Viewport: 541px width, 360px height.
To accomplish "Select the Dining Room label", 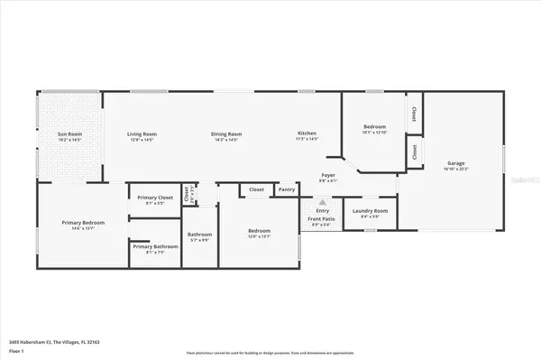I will coord(225,134).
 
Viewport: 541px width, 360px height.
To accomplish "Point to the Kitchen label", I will coord(307,134).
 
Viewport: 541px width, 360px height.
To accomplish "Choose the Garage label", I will coord(456,162).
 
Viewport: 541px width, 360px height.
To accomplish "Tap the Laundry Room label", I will coord(369,211).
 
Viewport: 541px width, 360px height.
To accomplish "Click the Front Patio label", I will coord(322,219).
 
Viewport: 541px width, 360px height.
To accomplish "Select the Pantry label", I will coord(287,189).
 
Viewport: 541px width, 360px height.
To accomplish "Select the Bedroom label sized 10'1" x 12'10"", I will coord(374,127).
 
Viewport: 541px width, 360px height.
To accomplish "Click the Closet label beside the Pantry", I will coord(256,189).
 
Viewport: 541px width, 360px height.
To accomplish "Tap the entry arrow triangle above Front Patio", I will coord(322,202).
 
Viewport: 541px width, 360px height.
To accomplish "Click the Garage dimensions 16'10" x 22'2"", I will coord(456,169).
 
